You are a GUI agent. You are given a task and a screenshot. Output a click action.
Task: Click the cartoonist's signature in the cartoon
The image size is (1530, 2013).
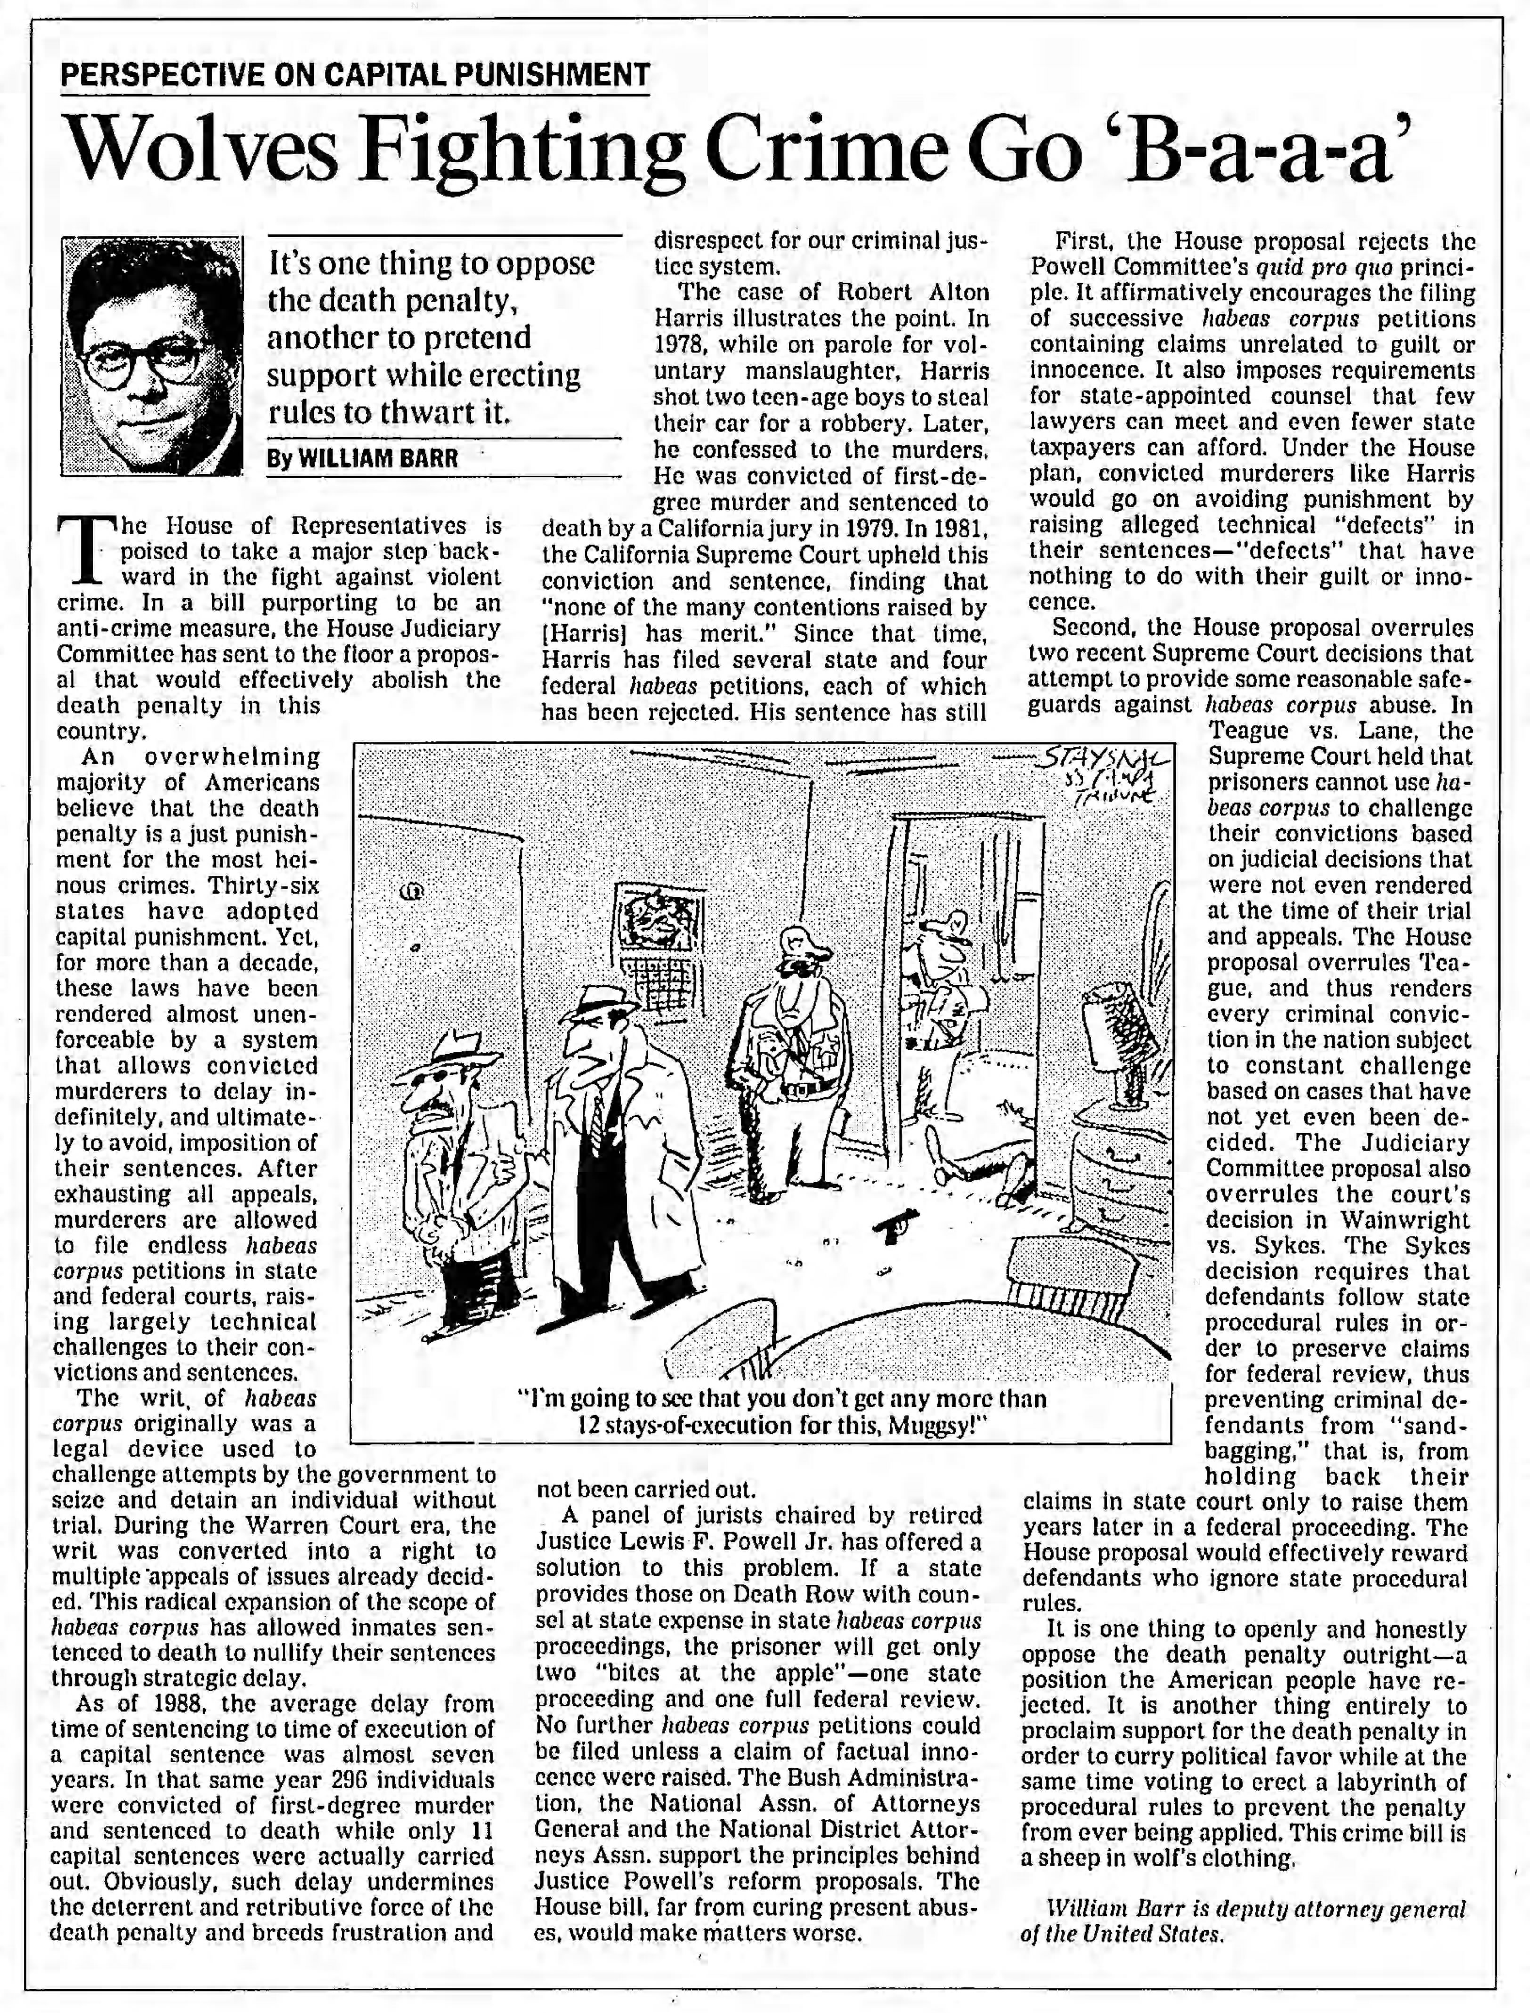tap(1104, 774)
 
